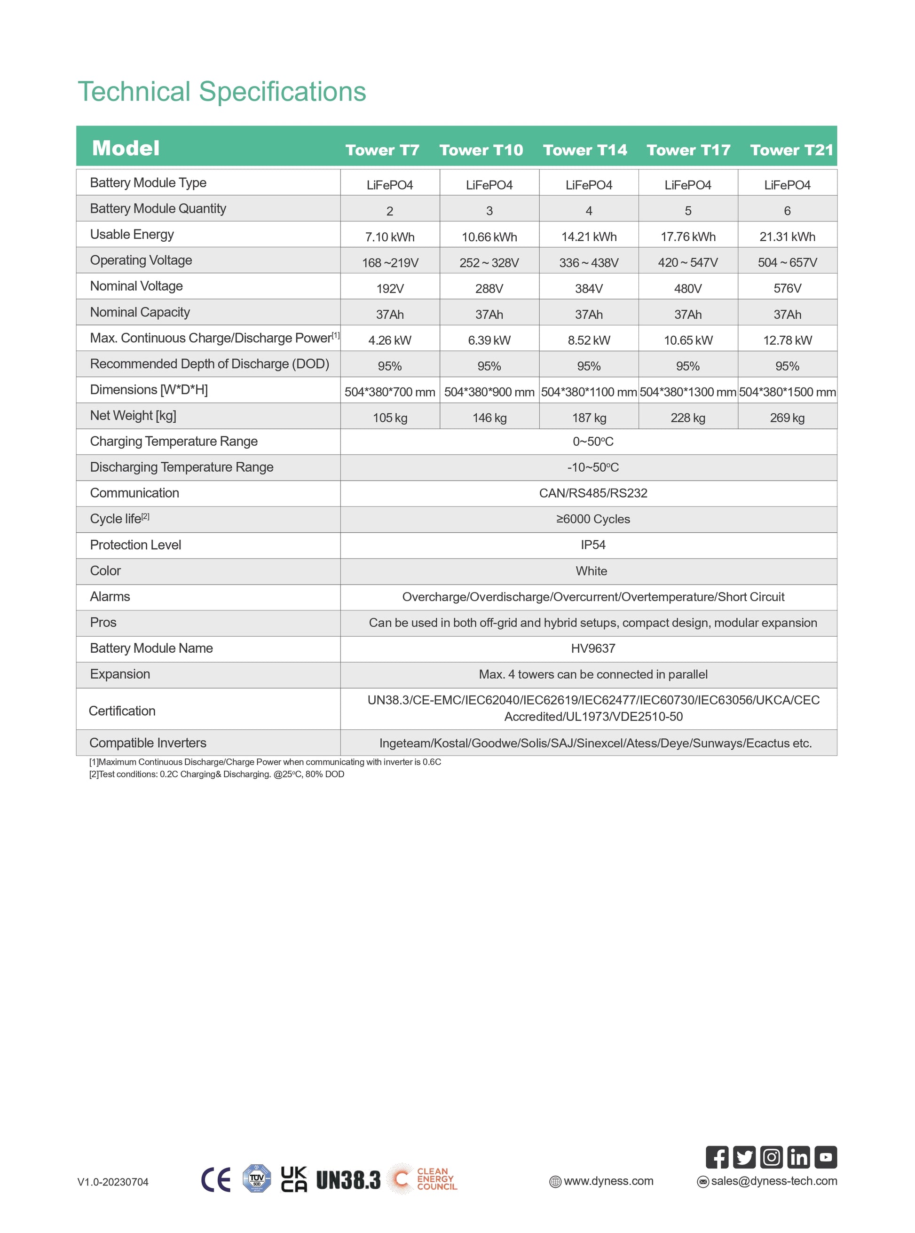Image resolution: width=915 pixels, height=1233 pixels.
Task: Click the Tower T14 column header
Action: pyautogui.click(x=585, y=150)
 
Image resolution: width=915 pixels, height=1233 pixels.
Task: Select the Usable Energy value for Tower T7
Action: pyautogui.click(x=389, y=237)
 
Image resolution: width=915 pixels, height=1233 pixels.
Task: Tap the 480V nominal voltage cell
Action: pyautogui.click(x=687, y=289)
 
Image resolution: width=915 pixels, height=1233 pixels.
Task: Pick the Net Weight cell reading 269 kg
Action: pyautogui.click(x=787, y=418)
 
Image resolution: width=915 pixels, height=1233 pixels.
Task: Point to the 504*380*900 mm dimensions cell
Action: pyautogui.click(x=489, y=392)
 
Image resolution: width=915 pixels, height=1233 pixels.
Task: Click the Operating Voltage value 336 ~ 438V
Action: pyautogui.click(x=588, y=262)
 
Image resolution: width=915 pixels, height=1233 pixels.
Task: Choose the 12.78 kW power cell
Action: pyautogui.click(x=787, y=340)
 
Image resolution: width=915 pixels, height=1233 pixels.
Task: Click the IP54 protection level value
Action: pyautogui.click(x=592, y=545)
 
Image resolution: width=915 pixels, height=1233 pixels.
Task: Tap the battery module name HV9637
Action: pyautogui.click(x=592, y=648)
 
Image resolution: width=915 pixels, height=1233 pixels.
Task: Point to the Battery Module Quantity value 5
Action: pyautogui.click(x=688, y=211)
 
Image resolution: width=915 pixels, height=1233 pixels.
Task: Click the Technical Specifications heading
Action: pyautogui.click(x=221, y=92)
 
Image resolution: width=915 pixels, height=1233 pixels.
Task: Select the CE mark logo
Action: pyautogui.click(x=215, y=1179)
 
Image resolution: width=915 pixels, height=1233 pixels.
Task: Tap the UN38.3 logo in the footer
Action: pyautogui.click(x=348, y=1180)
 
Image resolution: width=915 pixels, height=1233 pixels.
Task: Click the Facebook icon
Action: pyautogui.click(x=717, y=1157)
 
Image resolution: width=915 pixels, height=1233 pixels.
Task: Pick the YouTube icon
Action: pyautogui.click(x=825, y=1157)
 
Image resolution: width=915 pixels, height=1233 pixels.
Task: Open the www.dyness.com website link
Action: pyautogui.click(x=607, y=1181)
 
